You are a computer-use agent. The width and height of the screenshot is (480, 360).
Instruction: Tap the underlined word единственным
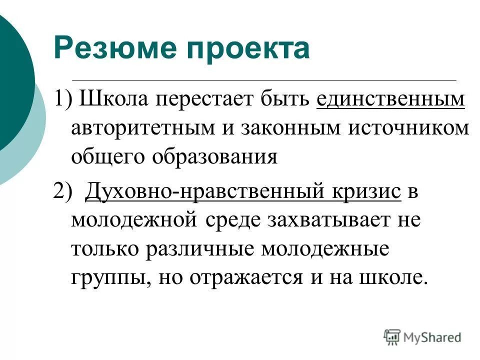tap(390, 99)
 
